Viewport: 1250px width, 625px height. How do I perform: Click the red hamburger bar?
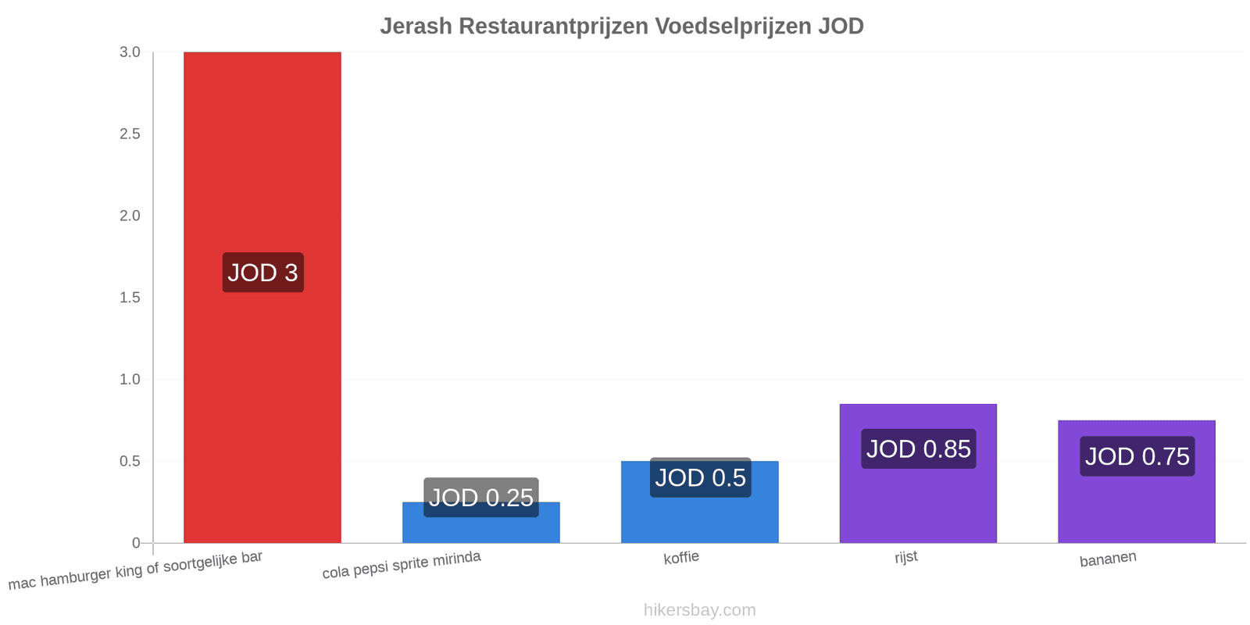[x=262, y=298]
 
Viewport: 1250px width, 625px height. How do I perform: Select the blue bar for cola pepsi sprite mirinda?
[x=481, y=523]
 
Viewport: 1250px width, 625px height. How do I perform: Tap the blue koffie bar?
[x=700, y=502]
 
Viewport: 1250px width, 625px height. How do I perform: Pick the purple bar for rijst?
[x=918, y=473]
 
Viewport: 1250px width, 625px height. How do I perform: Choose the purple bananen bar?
[x=1137, y=481]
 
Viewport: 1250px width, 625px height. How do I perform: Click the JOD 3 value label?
[x=262, y=273]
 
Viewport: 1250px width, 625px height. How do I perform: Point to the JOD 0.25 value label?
[x=481, y=497]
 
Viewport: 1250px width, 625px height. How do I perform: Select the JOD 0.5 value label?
[x=700, y=477]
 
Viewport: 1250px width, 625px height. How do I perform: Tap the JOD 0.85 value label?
[x=919, y=448]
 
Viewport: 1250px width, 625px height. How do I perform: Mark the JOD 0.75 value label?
[x=1137, y=456]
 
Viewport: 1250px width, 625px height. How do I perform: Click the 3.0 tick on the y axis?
[x=130, y=52]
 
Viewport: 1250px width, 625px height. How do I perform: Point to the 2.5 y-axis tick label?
[x=130, y=134]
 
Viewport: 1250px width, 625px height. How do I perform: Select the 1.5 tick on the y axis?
[x=130, y=298]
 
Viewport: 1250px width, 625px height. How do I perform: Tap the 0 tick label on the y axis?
[x=136, y=543]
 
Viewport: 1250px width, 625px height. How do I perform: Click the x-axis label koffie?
[x=680, y=558]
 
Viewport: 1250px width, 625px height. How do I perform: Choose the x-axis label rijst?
[x=905, y=557]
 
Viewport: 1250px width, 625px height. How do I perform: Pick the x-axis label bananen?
[x=1108, y=559]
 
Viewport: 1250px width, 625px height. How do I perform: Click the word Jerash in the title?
[x=416, y=27]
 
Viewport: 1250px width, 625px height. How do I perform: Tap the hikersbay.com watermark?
[x=700, y=609]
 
